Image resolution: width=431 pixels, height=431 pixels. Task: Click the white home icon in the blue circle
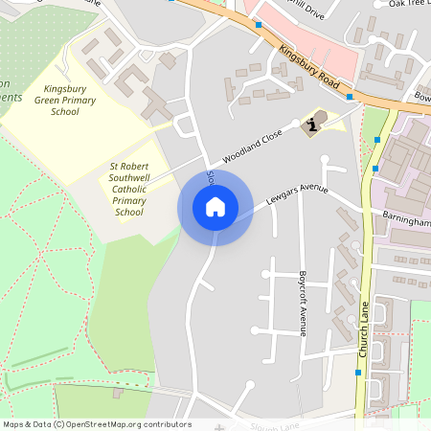pyautogui.click(x=215, y=207)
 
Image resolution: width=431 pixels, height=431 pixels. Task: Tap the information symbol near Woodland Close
pyautogui.click(x=312, y=125)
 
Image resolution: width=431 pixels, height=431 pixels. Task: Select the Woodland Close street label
pyautogui.click(x=252, y=145)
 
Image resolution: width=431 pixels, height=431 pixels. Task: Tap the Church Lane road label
pyautogui.click(x=363, y=330)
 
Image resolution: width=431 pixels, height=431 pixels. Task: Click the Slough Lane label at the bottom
pyautogui.click(x=276, y=424)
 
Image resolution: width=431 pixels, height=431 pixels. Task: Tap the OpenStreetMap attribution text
pyautogui.click(x=97, y=424)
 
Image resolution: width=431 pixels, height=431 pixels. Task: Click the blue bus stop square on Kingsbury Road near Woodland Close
pyautogui.click(x=349, y=97)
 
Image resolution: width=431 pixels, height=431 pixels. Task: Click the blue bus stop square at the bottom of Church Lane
pyautogui.click(x=358, y=372)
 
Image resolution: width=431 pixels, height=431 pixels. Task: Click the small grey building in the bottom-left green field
pyautogui.click(x=118, y=393)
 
